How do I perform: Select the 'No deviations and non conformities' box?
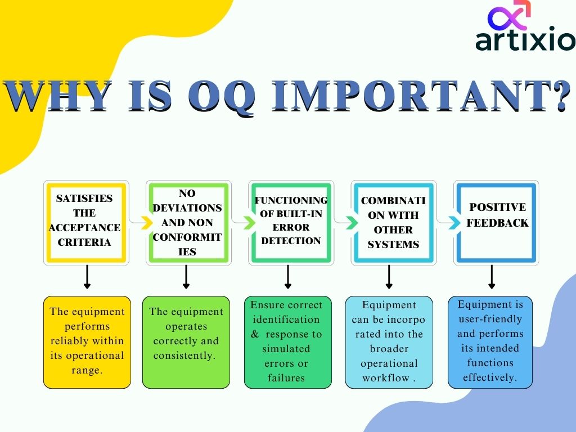[187, 222]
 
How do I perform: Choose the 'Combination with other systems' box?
[393, 222]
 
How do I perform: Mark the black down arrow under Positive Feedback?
[492, 277]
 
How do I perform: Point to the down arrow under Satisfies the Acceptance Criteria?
[87, 277]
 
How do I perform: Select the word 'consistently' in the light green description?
[186, 355]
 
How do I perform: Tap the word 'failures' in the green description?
[286, 378]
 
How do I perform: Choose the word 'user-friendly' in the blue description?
[489, 319]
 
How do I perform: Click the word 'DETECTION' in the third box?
[291, 241]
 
